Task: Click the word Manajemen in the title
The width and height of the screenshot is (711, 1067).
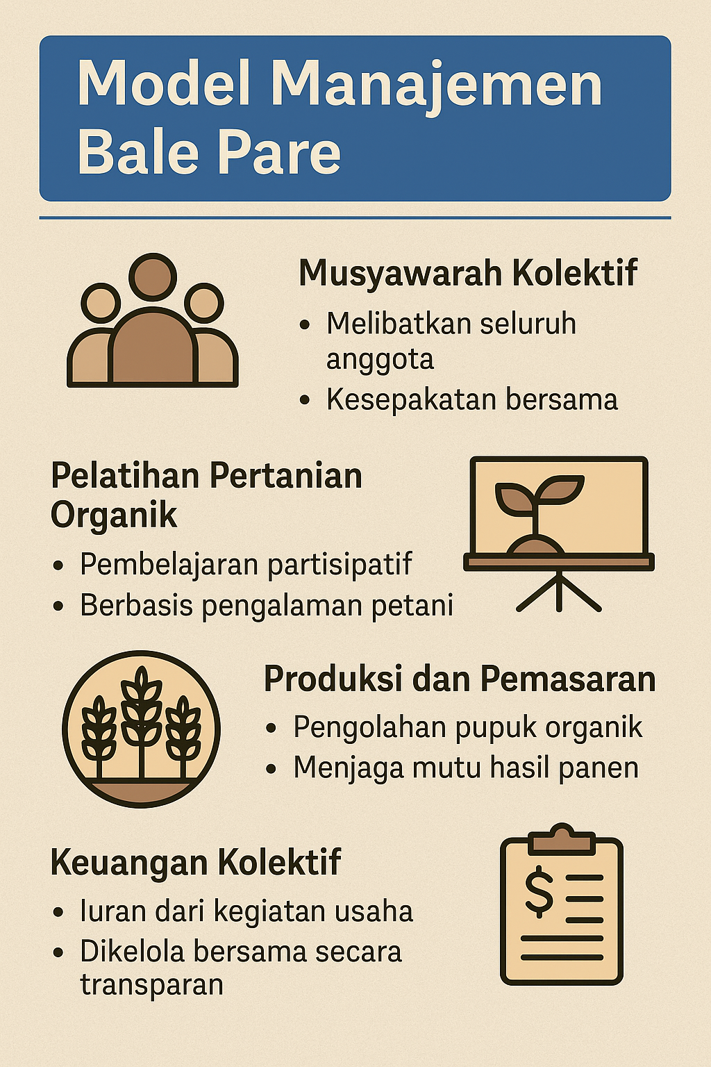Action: click(x=437, y=85)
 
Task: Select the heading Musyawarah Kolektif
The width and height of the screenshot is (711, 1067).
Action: click(x=468, y=274)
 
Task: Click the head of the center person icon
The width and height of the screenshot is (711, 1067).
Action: click(x=153, y=277)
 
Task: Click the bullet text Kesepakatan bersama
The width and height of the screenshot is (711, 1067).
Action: click(x=472, y=399)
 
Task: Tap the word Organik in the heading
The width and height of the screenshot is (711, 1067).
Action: click(x=114, y=516)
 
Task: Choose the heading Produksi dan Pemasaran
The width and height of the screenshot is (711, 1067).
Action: click(x=460, y=679)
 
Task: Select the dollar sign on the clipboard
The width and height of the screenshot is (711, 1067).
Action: click(x=539, y=891)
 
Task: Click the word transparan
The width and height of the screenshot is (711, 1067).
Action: click(x=151, y=984)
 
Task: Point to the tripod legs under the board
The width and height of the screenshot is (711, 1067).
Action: click(x=559, y=591)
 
